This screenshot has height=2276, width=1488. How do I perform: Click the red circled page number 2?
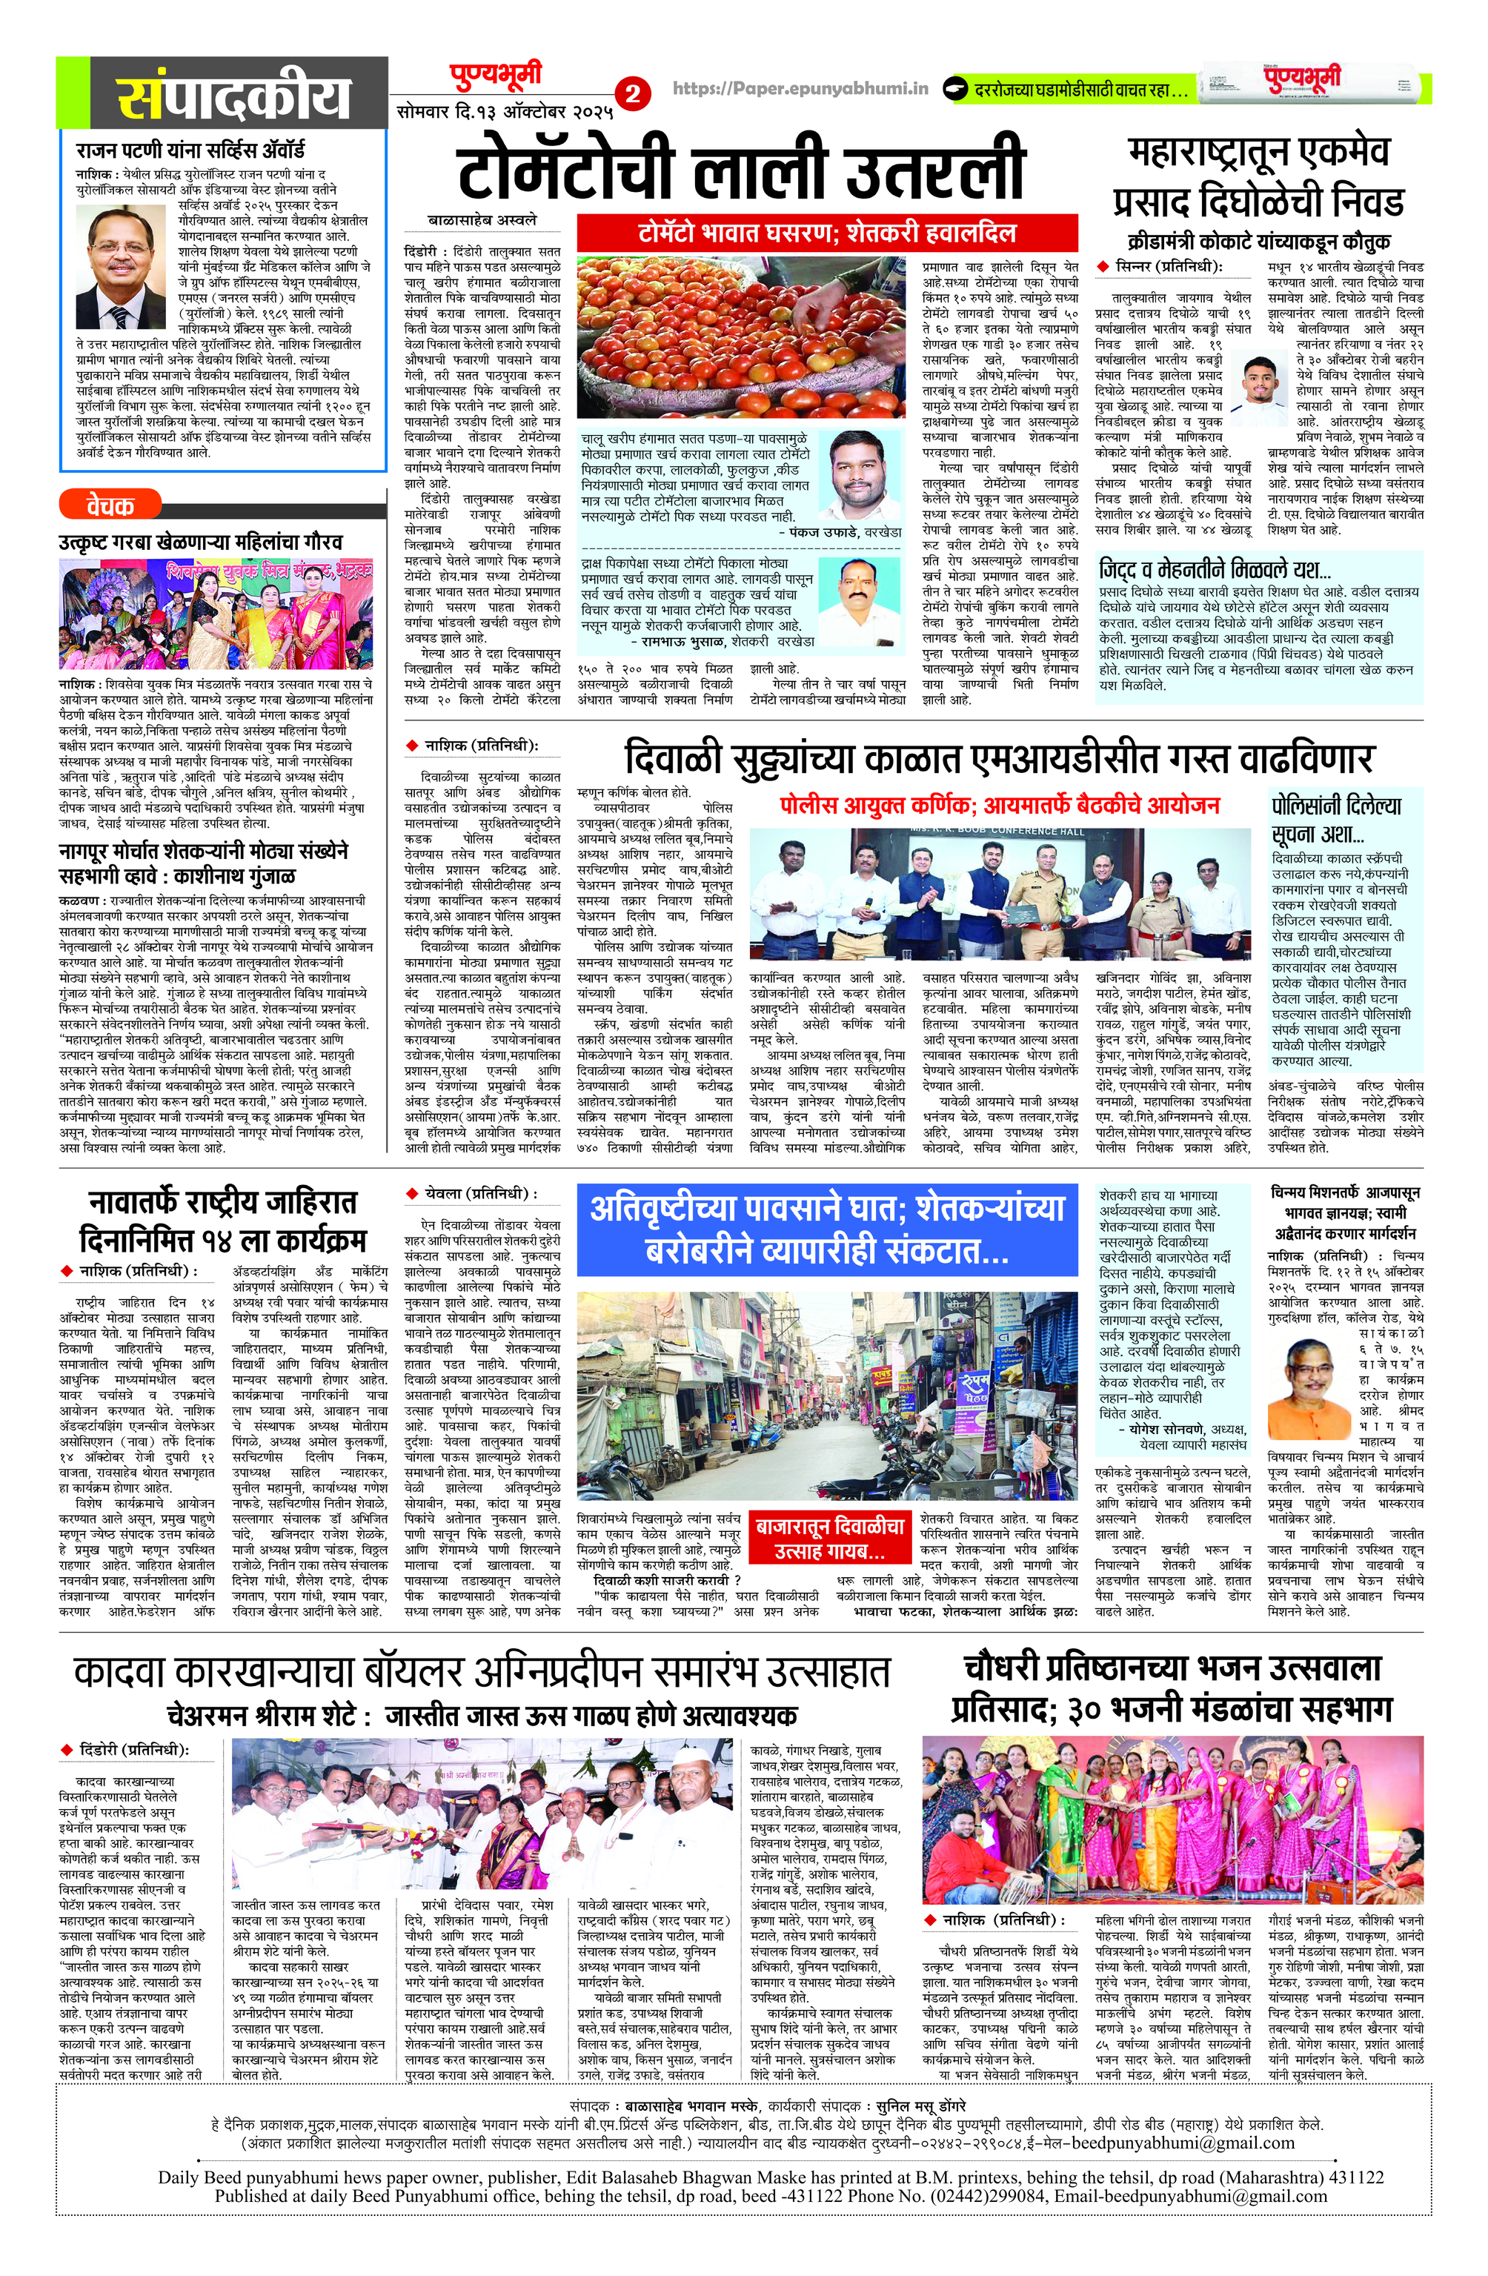tap(634, 95)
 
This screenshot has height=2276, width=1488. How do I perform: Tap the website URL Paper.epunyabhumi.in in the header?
tap(801, 88)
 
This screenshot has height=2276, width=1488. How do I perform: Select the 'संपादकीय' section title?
tap(233, 96)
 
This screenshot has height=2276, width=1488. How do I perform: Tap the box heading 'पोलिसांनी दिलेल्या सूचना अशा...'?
tap(1335, 817)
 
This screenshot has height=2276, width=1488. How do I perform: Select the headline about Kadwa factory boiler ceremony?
tap(482, 1672)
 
